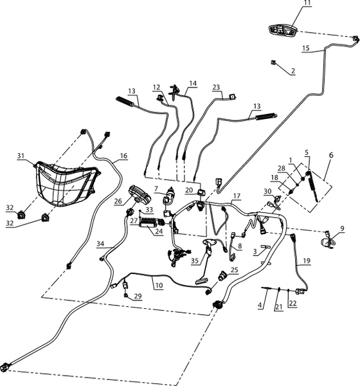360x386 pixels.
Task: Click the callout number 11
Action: tap(307, 3)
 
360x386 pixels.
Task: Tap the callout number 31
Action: tap(21, 156)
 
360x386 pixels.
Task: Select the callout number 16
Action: tap(124, 156)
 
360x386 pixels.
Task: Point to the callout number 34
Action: tap(100, 244)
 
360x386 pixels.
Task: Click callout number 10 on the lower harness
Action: tap(159, 285)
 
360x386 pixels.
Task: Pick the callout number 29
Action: tap(138, 296)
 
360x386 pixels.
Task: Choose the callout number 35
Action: tap(195, 261)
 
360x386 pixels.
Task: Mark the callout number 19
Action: tap(307, 261)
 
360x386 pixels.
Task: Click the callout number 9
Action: tap(342, 228)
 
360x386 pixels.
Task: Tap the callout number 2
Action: tap(293, 71)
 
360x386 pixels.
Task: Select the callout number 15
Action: tap(305, 48)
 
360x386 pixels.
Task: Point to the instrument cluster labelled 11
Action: tap(283, 31)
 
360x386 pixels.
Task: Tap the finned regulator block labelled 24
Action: tap(148, 223)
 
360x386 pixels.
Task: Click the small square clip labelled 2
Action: tap(273, 62)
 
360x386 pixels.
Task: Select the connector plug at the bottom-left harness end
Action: tap(5, 366)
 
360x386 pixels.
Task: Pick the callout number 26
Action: tap(118, 201)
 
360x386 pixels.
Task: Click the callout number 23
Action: tap(216, 87)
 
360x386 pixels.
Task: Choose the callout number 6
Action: tap(331, 155)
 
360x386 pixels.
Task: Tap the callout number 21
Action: tap(278, 308)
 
